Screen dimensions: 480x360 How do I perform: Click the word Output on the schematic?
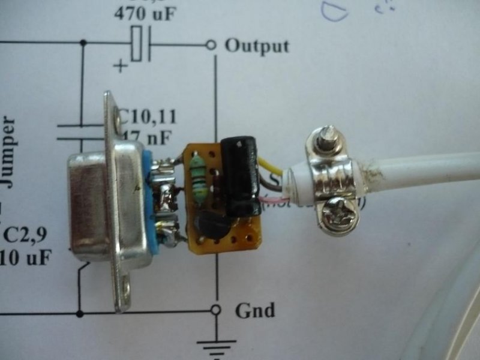[256, 46]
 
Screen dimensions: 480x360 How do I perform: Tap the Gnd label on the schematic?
[254, 310]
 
